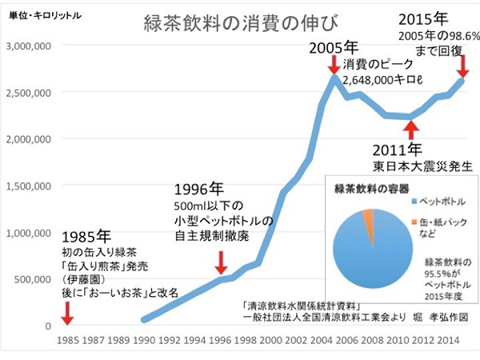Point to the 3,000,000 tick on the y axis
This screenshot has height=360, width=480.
[x=27, y=46]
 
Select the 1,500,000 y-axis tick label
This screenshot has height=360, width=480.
[x=27, y=186]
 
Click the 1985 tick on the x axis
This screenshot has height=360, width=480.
[x=69, y=339]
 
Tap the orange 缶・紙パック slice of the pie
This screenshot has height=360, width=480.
[x=368, y=218]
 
